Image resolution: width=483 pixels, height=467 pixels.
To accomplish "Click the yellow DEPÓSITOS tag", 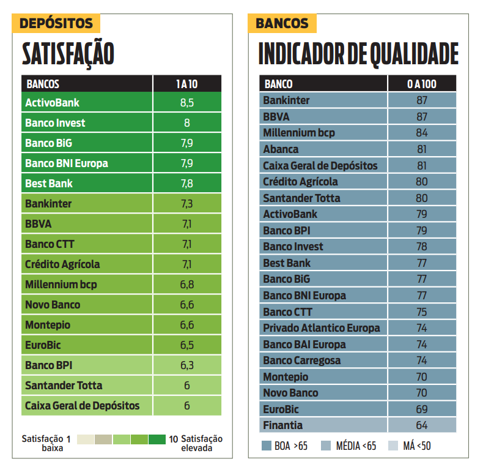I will pyautogui.click(x=56, y=23).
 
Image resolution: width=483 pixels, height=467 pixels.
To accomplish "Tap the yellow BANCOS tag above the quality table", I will pyautogui.click(x=282, y=23).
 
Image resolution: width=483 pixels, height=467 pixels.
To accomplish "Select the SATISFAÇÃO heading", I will pyautogui.click(x=68, y=54).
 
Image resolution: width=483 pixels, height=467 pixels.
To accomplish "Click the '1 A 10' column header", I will pyautogui.click(x=186, y=84).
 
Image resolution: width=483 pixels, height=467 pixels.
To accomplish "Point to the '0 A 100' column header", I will pyautogui.click(x=421, y=84).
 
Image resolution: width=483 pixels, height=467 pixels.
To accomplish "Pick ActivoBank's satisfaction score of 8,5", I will pyautogui.click(x=186, y=103).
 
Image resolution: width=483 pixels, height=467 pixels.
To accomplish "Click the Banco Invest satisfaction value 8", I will pyautogui.click(x=186, y=123).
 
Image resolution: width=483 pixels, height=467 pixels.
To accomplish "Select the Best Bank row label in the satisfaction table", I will pyautogui.click(x=49, y=183).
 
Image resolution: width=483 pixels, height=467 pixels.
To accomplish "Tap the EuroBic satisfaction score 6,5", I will pyautogui.click(x=186, y=345).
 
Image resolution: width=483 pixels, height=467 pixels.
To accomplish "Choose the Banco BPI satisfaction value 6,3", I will pyautogui.click(x=186, y=365).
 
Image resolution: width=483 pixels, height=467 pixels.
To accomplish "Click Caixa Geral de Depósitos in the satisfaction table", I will pyautogui.click(x=83, y=405).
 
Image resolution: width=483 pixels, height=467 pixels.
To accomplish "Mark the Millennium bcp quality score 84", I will pyautogui.click(x=421, y=133).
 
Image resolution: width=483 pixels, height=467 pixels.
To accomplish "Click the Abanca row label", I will pyautogui.click(x=281, y=149).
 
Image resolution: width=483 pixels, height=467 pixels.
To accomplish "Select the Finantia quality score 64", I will pyautogui.click(x=421, y=425).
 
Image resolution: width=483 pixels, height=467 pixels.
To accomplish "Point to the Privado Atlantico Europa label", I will pyautogui.click(x=321, y=328).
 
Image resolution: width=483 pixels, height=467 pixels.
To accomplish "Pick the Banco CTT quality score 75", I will pyautogui.click(x=421, y=312).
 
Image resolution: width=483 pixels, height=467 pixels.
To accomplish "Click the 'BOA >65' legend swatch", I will pyautogui.click(x=267, y=446).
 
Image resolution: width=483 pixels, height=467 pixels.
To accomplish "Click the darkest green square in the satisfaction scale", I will pyautogui.click(x=157, y=439).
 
